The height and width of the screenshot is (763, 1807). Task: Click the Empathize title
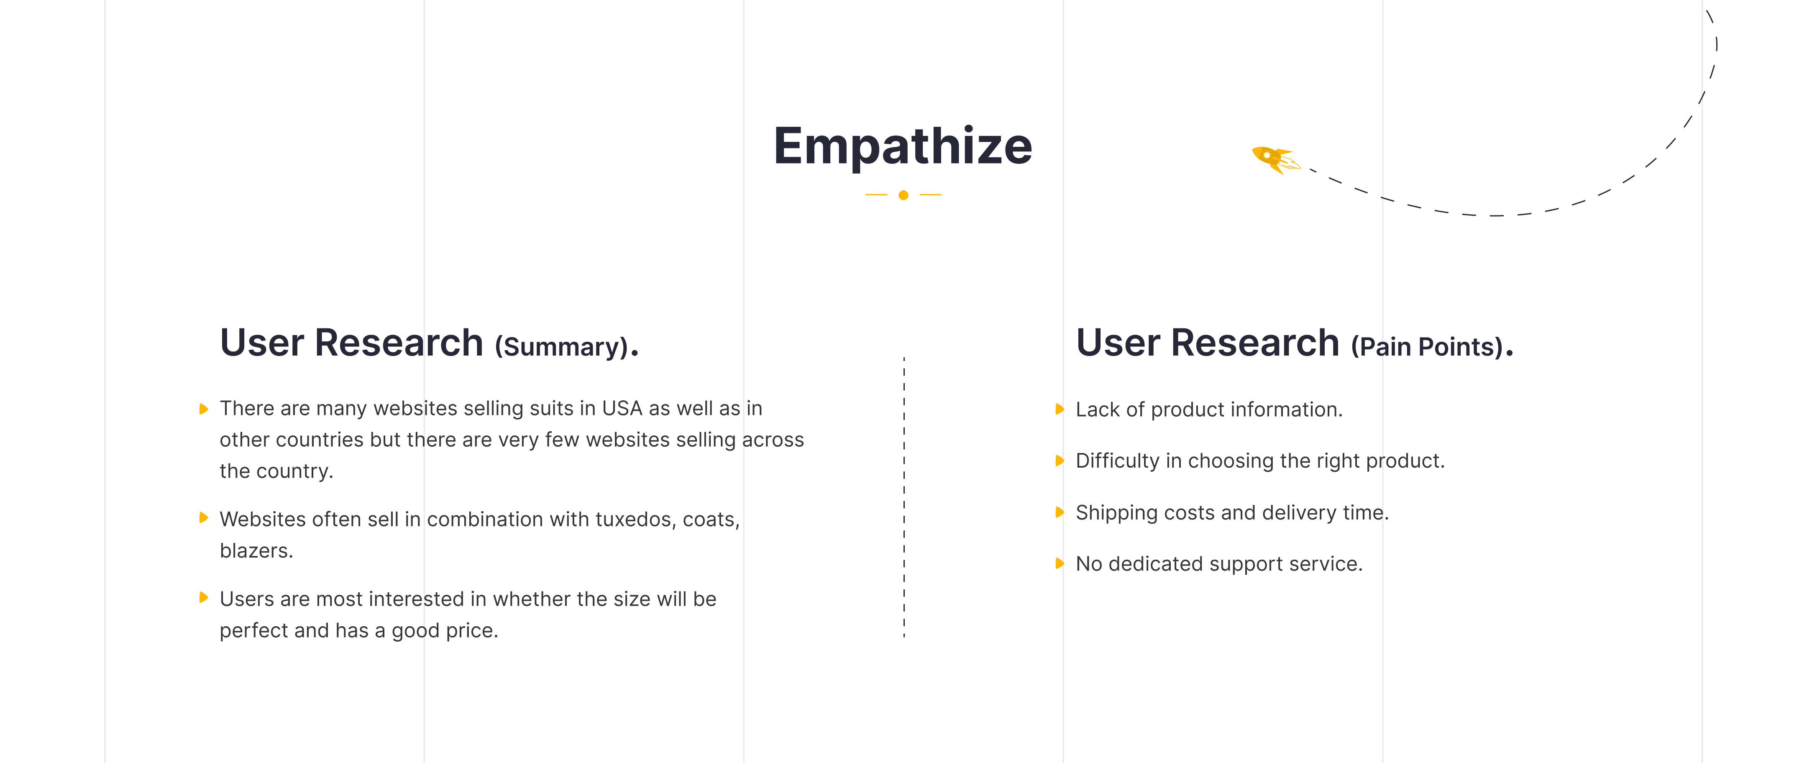pos(903,146)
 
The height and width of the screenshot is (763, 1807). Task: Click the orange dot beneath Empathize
pos(903,195)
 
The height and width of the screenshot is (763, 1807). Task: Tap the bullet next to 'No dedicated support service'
pos(1060,563)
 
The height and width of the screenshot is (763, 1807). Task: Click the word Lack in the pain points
pos(1098,410)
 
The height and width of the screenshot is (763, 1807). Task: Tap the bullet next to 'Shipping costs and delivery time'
pos(1060,512)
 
